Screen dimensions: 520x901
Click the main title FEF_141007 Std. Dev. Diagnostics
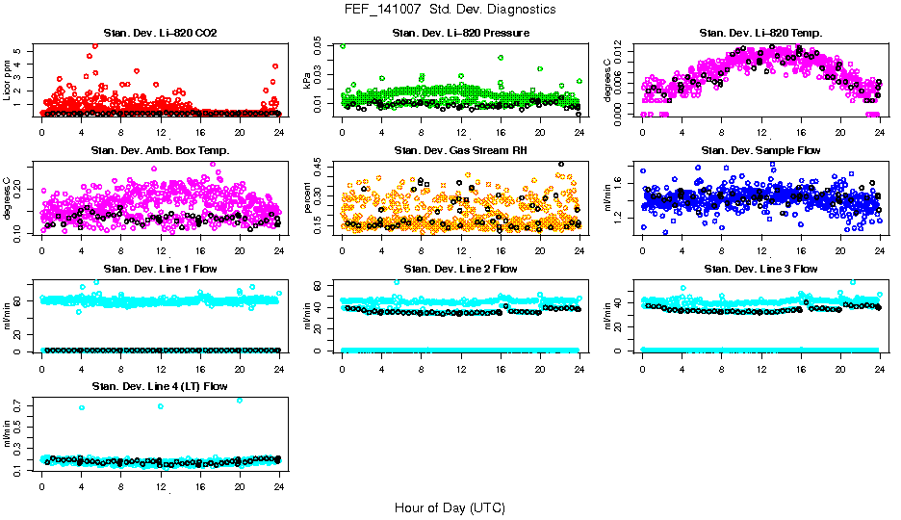coord(450,10)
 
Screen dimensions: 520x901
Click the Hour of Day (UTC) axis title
coord(450,507)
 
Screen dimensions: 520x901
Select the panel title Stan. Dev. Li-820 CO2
coord(160,34)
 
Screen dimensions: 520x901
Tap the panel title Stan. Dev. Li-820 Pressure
coord(460,34)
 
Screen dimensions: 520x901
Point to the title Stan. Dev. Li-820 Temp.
coord(761,34)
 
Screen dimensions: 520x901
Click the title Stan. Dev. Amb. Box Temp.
coord(160,151)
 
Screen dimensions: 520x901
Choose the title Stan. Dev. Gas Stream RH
coord(460,151)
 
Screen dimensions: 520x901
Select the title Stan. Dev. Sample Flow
coord(761,151)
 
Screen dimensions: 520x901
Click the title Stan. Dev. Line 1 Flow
coord(160,269)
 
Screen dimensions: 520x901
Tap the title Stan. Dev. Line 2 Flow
coord(460,269)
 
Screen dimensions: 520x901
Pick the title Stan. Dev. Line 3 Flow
coord(761,269)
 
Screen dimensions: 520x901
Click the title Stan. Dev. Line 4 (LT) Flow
coord(160,386)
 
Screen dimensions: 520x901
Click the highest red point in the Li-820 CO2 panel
coord(94,45)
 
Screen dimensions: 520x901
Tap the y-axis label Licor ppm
coord(8,79)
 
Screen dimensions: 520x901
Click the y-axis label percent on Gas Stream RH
coord(308,197)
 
